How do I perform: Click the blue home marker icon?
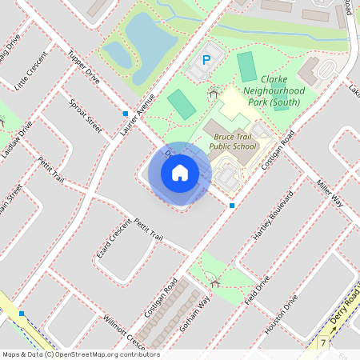179,173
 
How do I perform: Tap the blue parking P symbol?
206,59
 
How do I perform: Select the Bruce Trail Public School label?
234,142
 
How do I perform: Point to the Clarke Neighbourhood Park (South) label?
282,90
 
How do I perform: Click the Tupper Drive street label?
83,69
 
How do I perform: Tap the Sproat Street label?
85,117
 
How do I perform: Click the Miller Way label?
329,193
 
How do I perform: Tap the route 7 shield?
324,343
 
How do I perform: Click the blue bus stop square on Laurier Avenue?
126,114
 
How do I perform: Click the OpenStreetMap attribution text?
81,354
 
